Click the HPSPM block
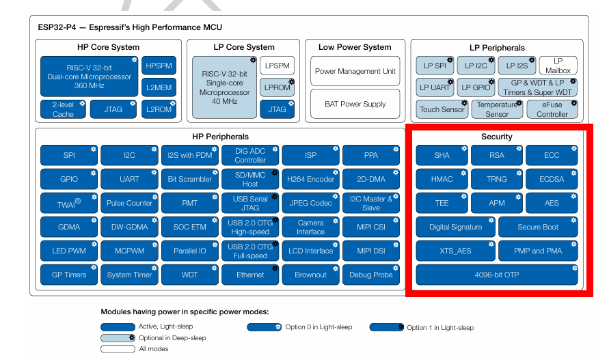click(x=159, y=66)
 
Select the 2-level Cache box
click(x=63, y=109)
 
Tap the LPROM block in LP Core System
click(x=277, y=87)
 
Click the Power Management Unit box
click(x=355, y=71)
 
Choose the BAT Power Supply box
click(x=355, y=104)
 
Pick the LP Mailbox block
click(x=558, y=66)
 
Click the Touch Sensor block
click(x=442, y=109)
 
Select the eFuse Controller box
click(x=552, y=109)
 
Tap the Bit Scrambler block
click(x=190, y=179)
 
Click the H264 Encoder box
click(x=311, y=179)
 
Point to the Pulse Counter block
click(x=129, y=203)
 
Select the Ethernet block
click(x=250, y=275)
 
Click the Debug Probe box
click(x=371, y=275)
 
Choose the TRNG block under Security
click(x=497, y=179)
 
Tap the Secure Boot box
click(x=538, y=227)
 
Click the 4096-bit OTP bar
click(x=497, y=275)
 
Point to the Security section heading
click(x=497, y=137)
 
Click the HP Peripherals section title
click(x=220, y=137)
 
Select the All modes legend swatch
click(x=117, y=349)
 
